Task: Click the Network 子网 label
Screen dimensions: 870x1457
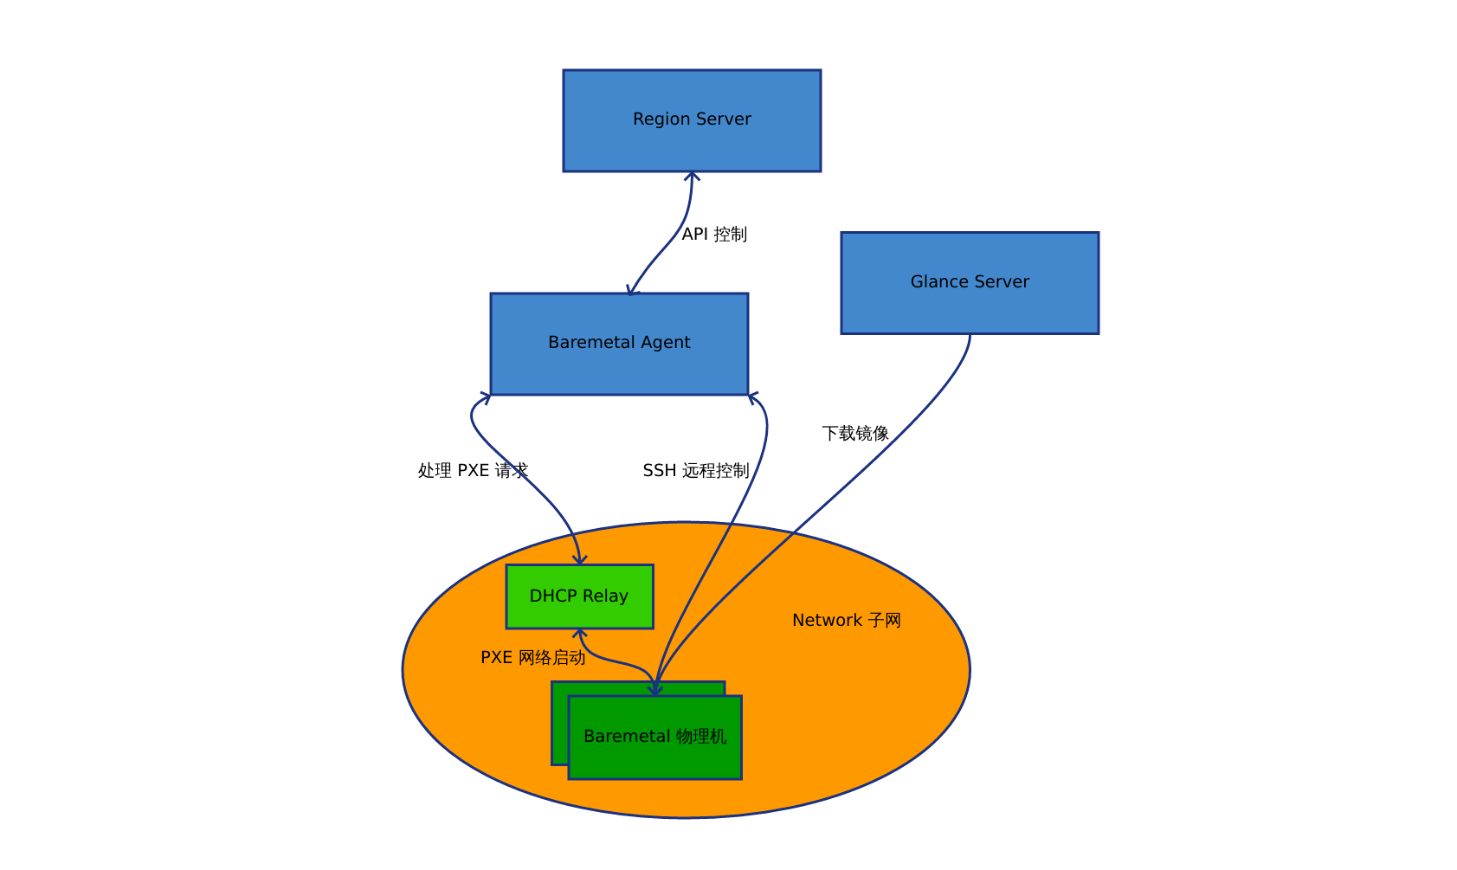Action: coord(846,620)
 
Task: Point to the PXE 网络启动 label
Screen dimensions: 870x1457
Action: coord(532,658)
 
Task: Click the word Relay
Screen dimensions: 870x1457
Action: coord(605,596)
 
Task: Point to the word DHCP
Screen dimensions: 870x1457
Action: coord(552,596)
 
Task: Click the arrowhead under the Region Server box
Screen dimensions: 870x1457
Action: coord(692,177)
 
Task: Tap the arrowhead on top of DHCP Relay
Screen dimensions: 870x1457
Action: coord(579,560)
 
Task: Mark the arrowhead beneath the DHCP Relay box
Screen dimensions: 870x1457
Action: coord(580,634)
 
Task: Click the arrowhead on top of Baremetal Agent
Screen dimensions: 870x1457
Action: coord(632,290)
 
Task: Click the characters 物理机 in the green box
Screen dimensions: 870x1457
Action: coord(701,737)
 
